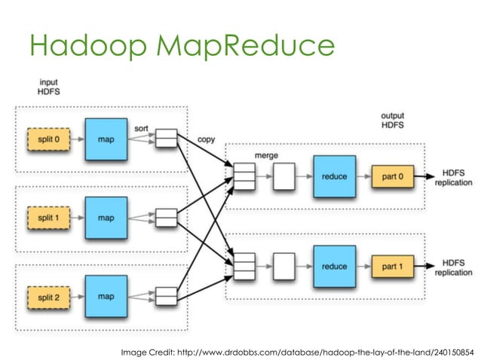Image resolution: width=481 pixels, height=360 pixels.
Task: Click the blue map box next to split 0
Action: click(x=106, y=139)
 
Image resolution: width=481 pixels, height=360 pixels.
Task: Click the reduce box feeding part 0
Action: click(x=334, y=177)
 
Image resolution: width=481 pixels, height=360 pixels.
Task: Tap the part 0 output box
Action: click(x=392, y=177)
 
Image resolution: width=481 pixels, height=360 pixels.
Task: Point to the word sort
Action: click(x=142, y=129)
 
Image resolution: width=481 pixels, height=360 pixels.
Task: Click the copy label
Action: click(x=205, y=140)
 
